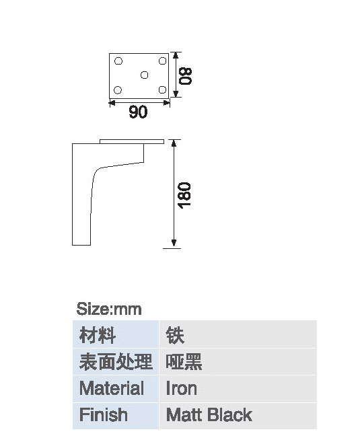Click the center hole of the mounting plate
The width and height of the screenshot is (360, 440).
144,75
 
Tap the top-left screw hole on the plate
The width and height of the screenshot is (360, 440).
118,61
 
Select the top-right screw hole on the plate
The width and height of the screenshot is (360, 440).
162,61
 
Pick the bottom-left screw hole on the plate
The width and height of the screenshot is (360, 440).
118,90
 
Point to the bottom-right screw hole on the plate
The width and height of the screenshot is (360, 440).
162,89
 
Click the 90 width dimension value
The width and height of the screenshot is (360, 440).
138,112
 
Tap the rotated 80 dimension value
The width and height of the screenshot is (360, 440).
186,76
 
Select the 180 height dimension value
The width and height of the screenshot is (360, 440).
184,195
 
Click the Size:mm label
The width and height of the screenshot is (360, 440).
109,309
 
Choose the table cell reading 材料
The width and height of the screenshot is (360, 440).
116,334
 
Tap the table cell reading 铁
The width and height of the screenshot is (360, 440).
238,334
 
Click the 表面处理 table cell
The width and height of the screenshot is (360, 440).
116,361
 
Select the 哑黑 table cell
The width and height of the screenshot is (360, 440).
238,361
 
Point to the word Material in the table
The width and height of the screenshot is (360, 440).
112,388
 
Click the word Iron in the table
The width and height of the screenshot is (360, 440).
181,388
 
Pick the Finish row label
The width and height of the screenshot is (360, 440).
104,414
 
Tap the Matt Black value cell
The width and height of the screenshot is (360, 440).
238,416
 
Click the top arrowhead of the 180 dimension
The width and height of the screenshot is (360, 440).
174,143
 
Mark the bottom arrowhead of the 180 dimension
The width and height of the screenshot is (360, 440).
174,243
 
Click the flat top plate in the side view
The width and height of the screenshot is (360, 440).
132,141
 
